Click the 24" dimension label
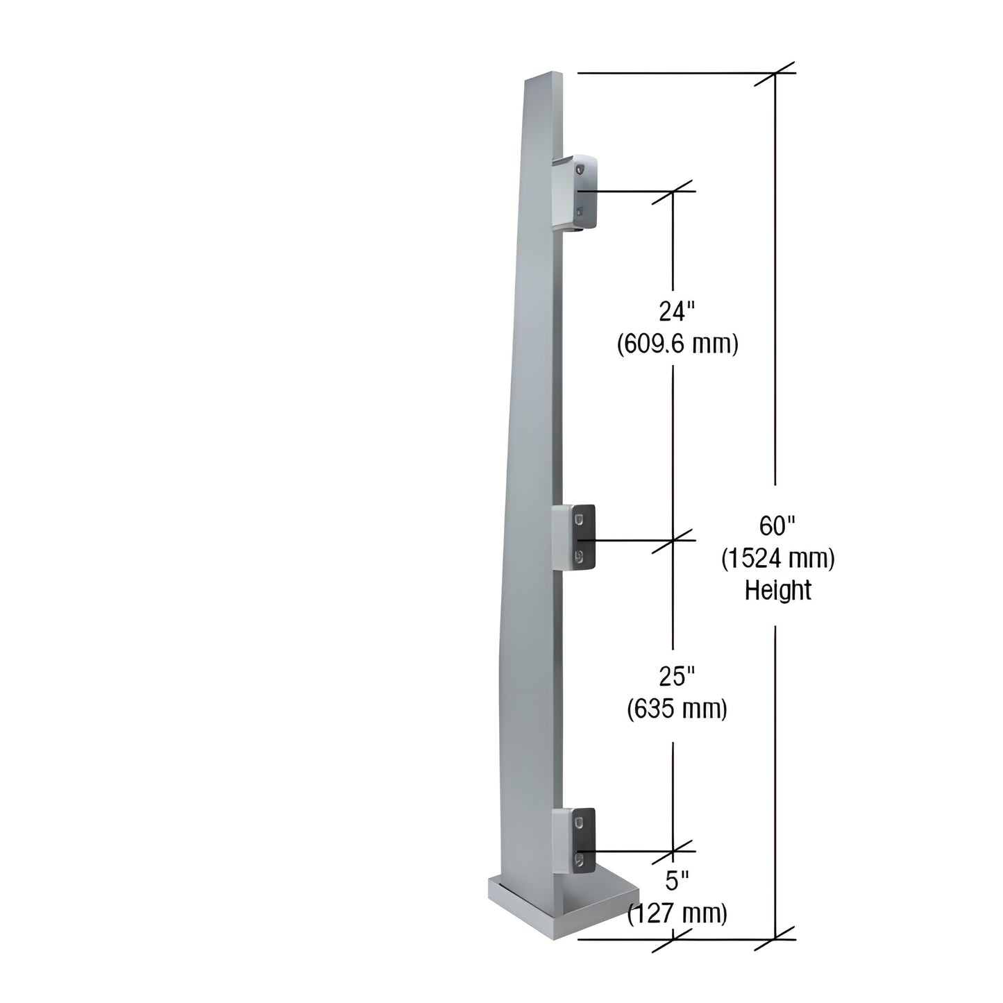(x=677, y=312)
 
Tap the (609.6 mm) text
(x=677, y=344)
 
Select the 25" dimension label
(x=677, y=675)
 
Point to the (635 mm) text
(x=677, y=709)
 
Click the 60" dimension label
(x=776, y=526)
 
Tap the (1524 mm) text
(x=777, y=558)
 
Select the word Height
(x=777, y=590)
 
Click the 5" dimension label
(x=677, y=882)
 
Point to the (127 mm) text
(x=677, y=913)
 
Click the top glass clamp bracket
(x=576, y=192)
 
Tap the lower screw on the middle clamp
(x=578, y=555)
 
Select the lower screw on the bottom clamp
(x=578, y=861)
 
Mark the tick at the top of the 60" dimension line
(x=775, y=73)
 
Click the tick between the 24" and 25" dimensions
(x=673, y=539)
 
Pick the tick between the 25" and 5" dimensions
(x=673, y=851)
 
